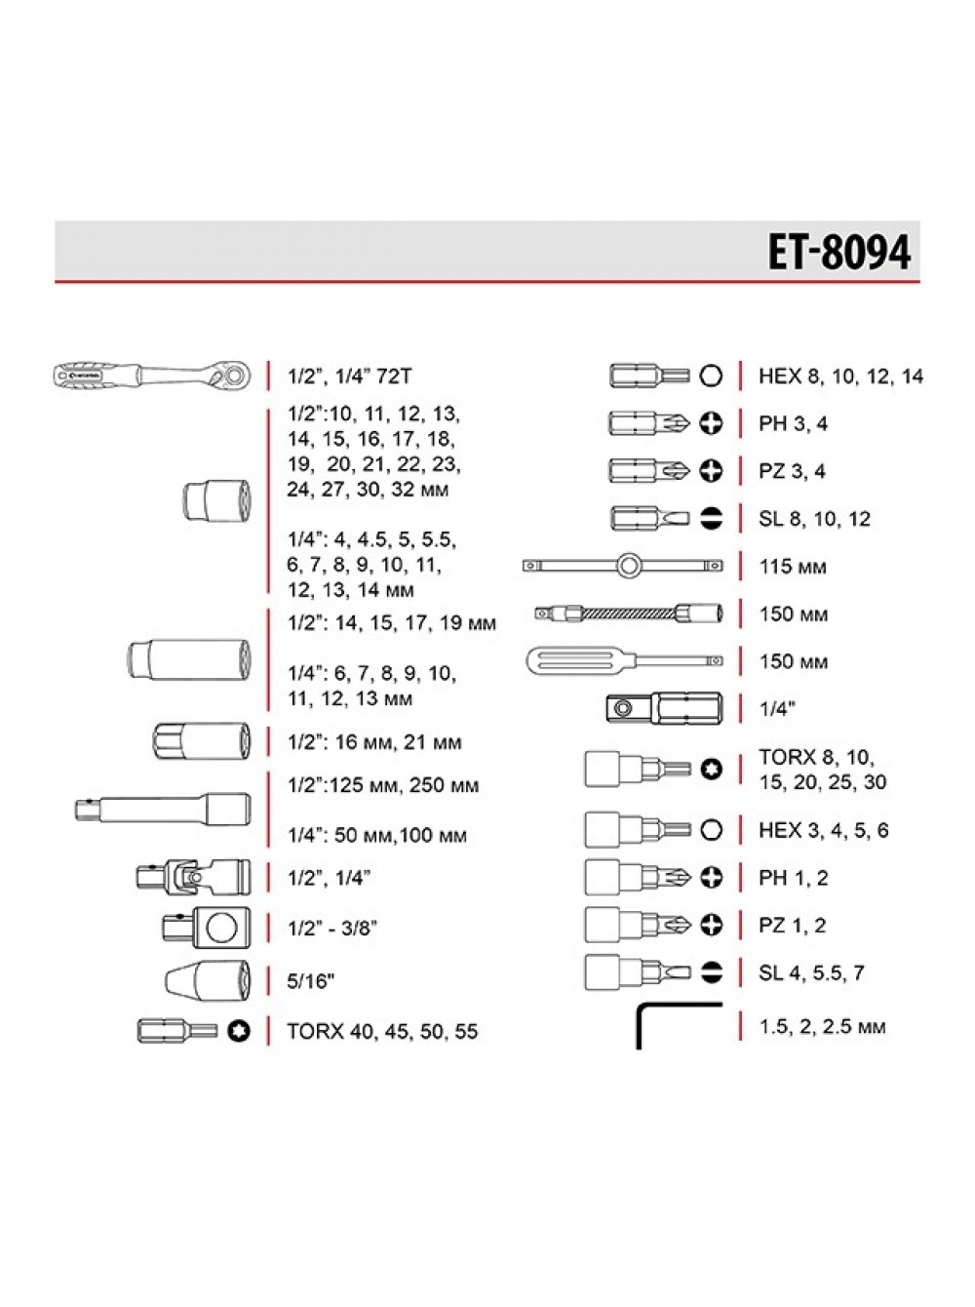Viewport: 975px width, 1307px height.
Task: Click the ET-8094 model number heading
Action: coord(838,252)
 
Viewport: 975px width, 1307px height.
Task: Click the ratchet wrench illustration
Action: coord(152,376)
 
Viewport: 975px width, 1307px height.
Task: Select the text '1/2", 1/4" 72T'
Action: coord(349,376)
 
